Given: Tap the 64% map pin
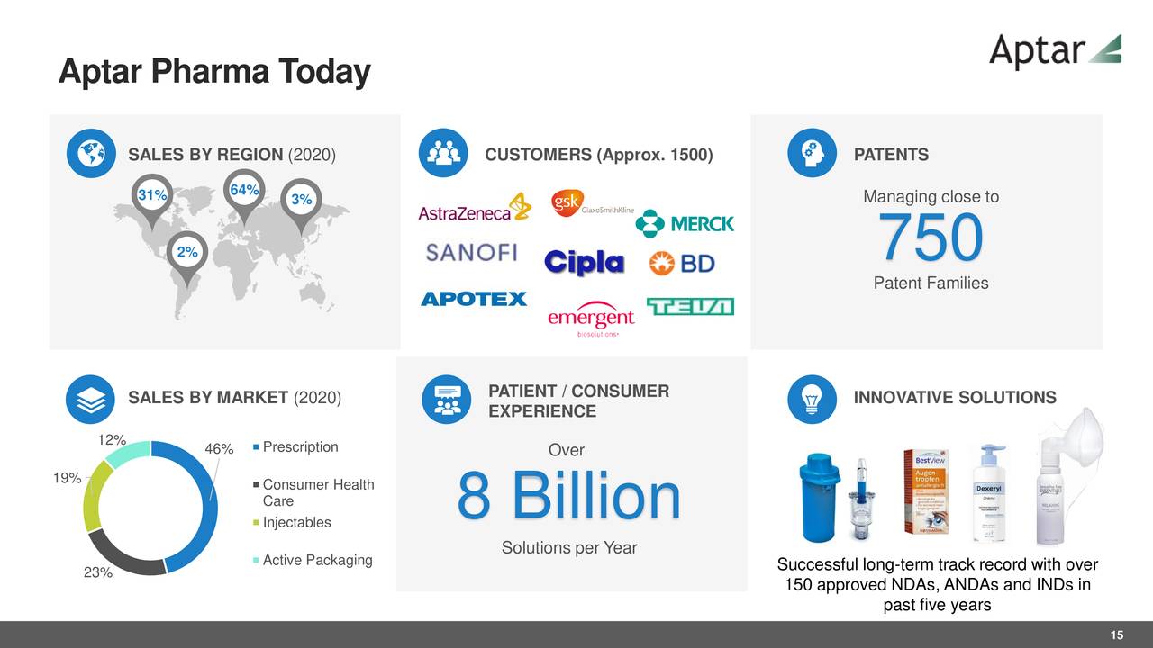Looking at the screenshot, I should tap(244, 192).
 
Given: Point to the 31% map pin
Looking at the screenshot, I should tap(151, 196).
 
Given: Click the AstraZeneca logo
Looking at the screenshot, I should tap(475, 208).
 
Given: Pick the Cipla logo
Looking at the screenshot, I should tap(584, 262).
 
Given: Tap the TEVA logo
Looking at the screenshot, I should tap(690, 307).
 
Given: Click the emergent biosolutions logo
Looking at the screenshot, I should tap(591, 319).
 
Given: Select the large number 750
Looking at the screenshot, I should tap(931, 238).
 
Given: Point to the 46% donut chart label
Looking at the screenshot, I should tap(219, 449).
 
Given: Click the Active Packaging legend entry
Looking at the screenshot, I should tap(316, 561).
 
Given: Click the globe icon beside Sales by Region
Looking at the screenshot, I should tap(90, 154).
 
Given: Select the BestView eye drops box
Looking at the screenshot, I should tap(925, 491).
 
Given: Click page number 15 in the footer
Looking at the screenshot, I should tap(1116, 636).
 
